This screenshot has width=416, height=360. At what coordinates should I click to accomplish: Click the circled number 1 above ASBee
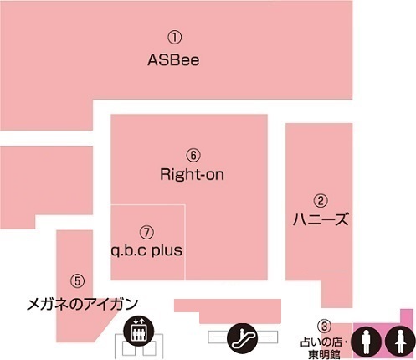coord(175,38)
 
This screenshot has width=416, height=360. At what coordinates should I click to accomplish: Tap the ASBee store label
coord(173,60)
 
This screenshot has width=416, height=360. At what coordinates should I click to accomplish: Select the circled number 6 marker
coord(193,155)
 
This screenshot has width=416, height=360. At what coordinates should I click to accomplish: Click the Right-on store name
coord(192,175)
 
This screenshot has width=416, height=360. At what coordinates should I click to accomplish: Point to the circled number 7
coord(146,232)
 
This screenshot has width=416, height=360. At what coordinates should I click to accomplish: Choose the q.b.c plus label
coord(146,250)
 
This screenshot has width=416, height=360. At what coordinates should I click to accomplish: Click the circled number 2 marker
coord(321,200)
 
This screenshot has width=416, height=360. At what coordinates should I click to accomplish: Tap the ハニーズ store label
coord(321,219)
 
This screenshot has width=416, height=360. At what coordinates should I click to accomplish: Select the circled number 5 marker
coord(77,280)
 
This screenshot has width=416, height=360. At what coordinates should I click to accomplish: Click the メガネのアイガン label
coord(83,304)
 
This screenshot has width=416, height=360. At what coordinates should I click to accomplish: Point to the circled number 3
coord(324,326)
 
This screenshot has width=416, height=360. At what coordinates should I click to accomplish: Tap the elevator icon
coord(139,331)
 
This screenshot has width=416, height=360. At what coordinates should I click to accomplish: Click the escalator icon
coord(243,338)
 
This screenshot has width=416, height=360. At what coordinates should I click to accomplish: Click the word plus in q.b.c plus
coord(167,251)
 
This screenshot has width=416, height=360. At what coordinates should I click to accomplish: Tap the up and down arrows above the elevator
coord(139,321)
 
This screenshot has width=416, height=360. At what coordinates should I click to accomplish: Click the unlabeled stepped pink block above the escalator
coord(228,311)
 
